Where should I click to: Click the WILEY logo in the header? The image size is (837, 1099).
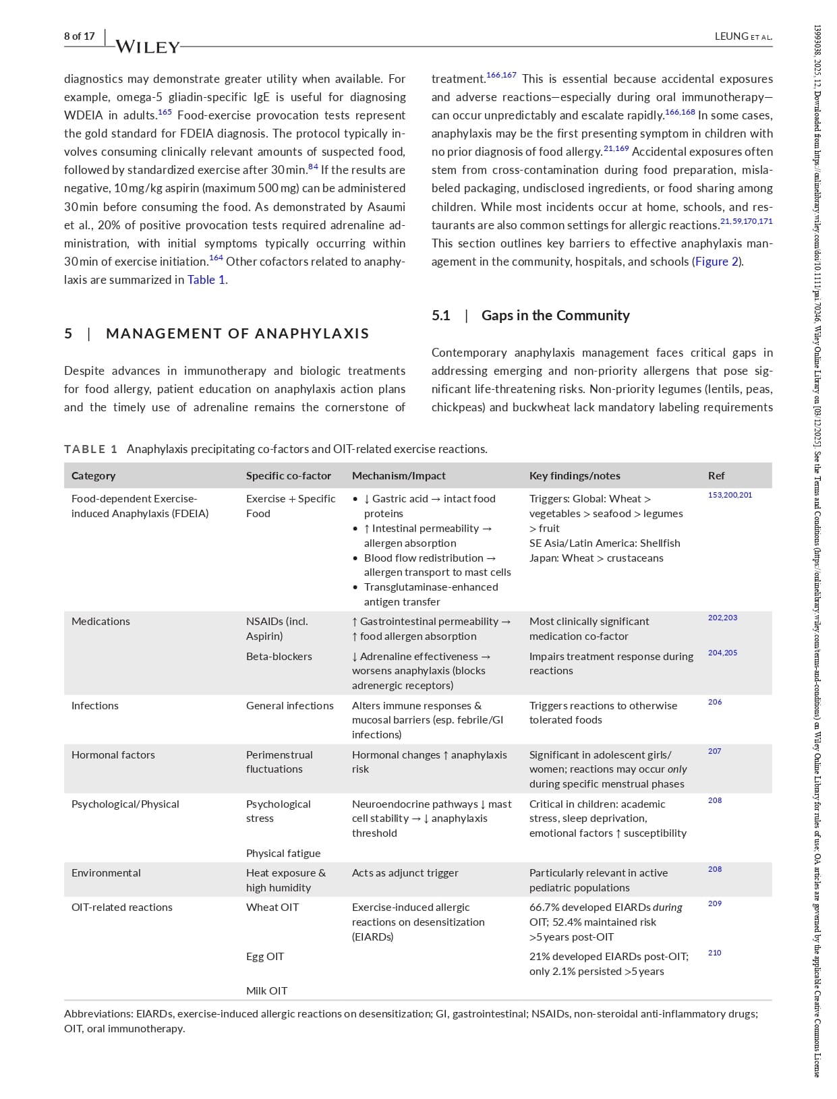pos(148,47)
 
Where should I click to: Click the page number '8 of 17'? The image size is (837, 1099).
pos(80,36)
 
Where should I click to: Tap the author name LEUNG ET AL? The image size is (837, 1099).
pos(743,36)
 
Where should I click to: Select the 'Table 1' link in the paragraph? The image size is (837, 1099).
pos(206,280)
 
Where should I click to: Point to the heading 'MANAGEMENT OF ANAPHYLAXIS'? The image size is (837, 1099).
pos(237,333)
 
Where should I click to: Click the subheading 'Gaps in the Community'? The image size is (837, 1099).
pos(555,316)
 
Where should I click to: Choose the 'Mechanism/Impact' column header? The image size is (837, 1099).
pos(399,475)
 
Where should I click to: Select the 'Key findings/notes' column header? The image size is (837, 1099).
pos(575,475)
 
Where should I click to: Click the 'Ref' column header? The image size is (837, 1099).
pos(716,475)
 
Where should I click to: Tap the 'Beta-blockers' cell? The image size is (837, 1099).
pos(279,656)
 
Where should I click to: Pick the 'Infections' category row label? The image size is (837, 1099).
pos(95,705)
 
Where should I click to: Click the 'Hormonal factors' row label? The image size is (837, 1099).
pos(113,754)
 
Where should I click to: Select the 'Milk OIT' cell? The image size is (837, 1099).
pos(266,990)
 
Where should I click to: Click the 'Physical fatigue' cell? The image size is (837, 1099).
pos(283,853)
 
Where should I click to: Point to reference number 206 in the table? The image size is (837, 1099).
pos(715,702)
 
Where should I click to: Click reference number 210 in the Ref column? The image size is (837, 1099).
pos(715,953)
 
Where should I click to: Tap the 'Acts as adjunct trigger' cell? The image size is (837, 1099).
pos(405,872)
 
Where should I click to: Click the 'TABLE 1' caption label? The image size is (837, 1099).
pos(91,449)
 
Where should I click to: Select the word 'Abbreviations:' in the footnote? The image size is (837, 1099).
pos(98,1013)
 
